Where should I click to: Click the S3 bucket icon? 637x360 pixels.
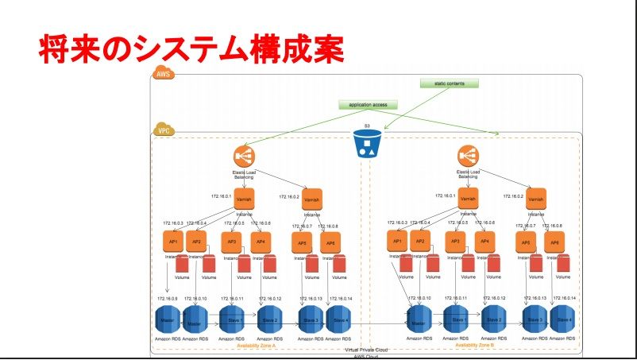point(367,142)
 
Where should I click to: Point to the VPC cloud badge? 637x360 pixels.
point(164,130)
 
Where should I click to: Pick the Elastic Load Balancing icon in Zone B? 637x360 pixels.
point(469,157)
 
